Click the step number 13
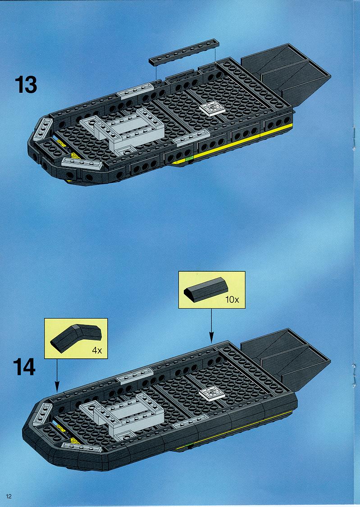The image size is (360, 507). tap(26, 85)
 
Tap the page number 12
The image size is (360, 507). tap(9, 496)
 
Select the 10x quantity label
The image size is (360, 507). tap(232, 299)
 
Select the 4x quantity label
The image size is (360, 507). tap(97, 350)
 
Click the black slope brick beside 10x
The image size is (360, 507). tap(206, 289)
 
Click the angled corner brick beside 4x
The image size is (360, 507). tap(76, 338)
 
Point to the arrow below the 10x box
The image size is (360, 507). tap(211, 325)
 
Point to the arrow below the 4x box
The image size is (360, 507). tap(57, 375)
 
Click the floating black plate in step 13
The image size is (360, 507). tap(184, 52)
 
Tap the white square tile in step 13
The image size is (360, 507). tap(212, 108)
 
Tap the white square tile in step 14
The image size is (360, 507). tap(212, 394)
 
